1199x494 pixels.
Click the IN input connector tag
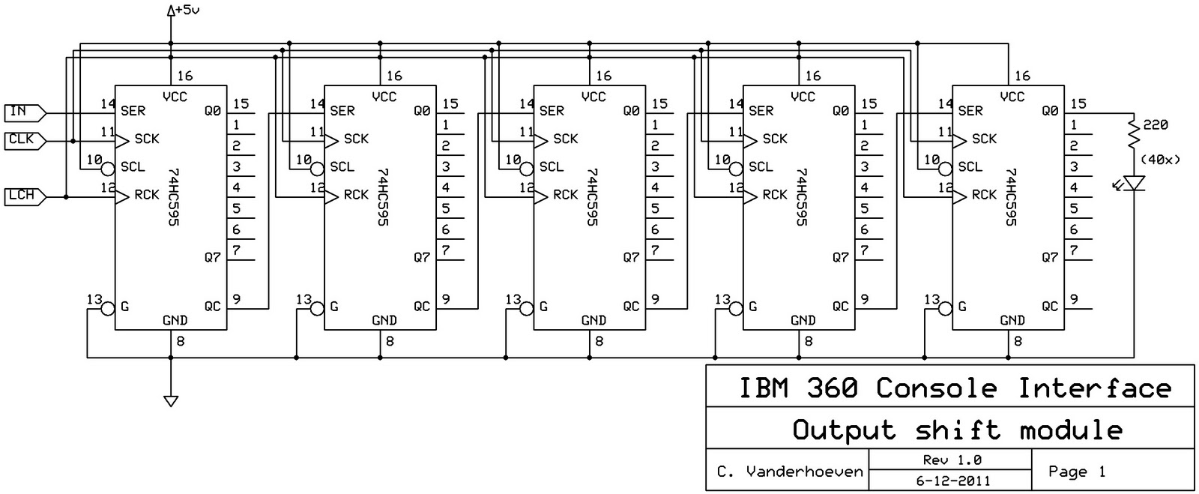(22, 112)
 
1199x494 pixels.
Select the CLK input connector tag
(22, 140)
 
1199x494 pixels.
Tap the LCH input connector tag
(22, 196)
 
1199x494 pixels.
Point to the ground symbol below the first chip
(171, 400)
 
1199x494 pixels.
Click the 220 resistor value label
(1156, 125)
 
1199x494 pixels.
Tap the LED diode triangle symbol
(1135, 183)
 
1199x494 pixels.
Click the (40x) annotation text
(1160, 160)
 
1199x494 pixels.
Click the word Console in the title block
(936, 388)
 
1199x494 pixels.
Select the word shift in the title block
(957, 430)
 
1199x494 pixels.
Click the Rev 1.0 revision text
(952, 460)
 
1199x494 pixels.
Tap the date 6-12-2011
(952, 481)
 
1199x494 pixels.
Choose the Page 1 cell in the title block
(1077, 472)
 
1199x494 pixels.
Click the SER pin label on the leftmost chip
(133, 111)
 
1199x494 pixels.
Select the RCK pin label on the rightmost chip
(984, 195)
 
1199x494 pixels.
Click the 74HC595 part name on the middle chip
(592, 196)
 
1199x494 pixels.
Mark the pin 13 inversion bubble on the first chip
(107, 307)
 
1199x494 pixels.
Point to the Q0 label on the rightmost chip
(1050, 111)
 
